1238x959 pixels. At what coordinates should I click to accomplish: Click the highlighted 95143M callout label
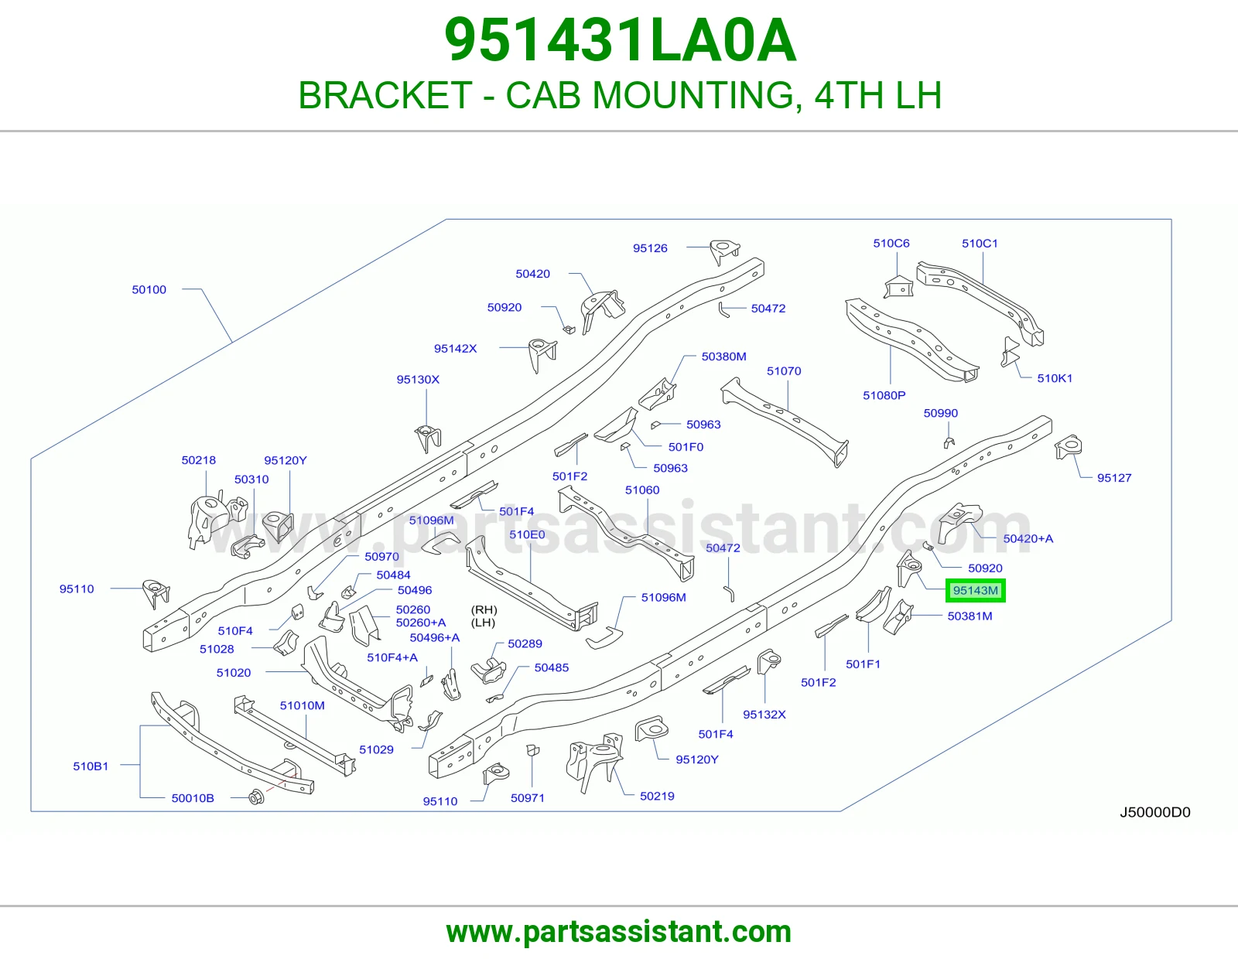pos(976,591)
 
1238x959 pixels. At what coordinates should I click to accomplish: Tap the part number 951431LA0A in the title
pos(620,40)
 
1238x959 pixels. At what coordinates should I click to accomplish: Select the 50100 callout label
pos(149,289)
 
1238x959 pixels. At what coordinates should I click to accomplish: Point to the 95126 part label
pos(650,247)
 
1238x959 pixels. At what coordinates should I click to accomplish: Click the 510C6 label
pos(891,243)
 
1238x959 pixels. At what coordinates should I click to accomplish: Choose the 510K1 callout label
pos(1055,378)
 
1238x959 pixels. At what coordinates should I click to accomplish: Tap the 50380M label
pos(724,357)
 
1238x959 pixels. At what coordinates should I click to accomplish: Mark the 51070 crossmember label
pos(784,370)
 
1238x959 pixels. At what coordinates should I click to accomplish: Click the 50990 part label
pos(941,413)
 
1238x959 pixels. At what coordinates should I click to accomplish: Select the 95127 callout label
pos(1114,478)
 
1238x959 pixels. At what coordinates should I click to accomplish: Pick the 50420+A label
pos(1028,538)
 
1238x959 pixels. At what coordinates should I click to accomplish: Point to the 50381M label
pos(970,616)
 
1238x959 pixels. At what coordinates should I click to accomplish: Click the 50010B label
pos(193,798)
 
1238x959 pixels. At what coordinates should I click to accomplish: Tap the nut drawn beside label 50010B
pos(256,797)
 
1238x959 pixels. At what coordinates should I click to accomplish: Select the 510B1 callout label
pos(91,766)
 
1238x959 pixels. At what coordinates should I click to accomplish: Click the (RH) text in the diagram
pos(484,609)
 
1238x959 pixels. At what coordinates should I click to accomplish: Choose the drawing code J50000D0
pos(1155,812)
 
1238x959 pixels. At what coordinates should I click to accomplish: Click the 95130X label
pos(418,379)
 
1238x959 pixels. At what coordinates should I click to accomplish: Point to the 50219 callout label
pos(657,796)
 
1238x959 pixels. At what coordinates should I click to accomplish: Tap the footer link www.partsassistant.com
pos(619,932)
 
